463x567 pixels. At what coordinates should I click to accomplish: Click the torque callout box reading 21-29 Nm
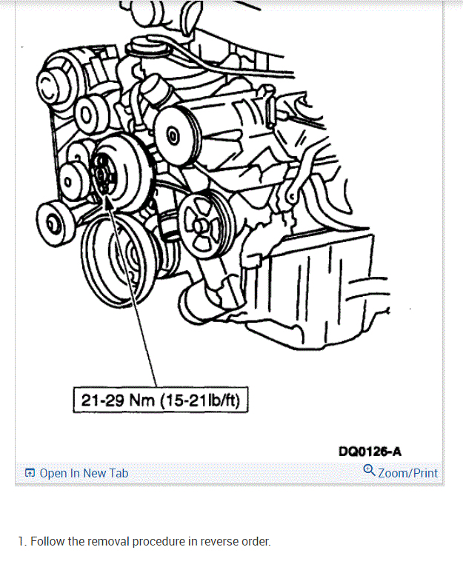161,400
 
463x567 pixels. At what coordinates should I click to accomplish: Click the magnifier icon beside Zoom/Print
369,471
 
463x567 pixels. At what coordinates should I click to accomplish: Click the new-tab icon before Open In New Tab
30,473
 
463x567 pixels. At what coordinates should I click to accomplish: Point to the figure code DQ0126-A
370,452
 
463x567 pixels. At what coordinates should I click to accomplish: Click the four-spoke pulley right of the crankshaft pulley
207,224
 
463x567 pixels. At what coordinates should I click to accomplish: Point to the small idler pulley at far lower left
54,224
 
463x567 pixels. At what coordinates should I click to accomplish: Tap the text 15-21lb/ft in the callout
200,400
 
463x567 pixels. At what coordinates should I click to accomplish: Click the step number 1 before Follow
21,542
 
